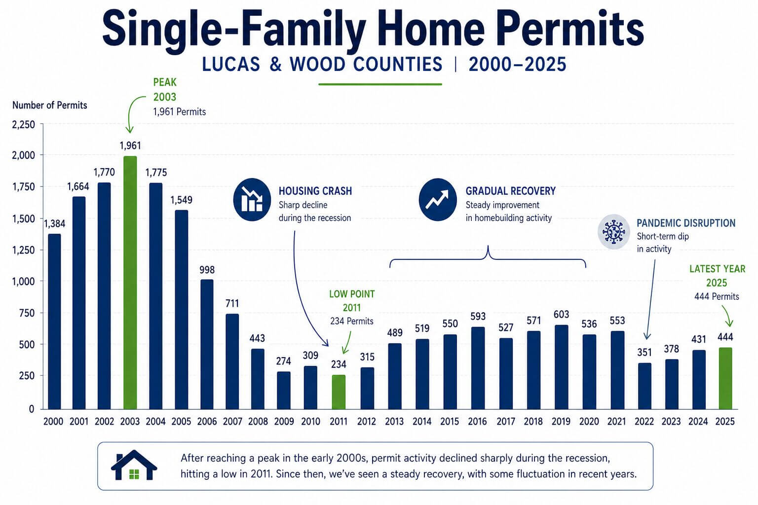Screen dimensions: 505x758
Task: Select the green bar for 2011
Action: pyautogui.click(x=338, y=392)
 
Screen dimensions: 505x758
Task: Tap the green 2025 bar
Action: pyautogui.click(x=725, y=378)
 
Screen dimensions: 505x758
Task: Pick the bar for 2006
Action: pyautogui.click(x=207, y=344)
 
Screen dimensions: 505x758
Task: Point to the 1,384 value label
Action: pyautogui.click(x=54, y=223)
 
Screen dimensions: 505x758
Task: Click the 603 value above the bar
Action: pyautogui.click(x=561, y=314)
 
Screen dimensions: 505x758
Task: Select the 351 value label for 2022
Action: pyautogui.click(x=644, y=352)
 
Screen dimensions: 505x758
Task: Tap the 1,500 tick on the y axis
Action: pyautogui.click(x=24, y=218)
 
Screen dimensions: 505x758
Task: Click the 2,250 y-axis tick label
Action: pyautogui.click(x=24, y=125)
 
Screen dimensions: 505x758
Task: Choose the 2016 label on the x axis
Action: pyautogui.click(x=477, y=422)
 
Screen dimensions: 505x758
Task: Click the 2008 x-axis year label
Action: pyautogui.click(x=258, y=422)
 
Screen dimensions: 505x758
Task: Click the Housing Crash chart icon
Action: pyautogui.click(x=252, y=199)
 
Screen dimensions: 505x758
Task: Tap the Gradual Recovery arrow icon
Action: pyautogui.click(x=437, y=199)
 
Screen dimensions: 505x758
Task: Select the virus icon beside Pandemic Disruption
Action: pyautogui.click(x=613, y=231)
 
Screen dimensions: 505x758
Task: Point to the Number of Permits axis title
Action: pyautogui.click(x=49, y=105)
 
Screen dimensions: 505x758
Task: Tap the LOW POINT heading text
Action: pyautogui.click(x=352, y=294)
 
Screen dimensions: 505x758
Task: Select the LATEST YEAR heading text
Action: pyautogui.click(x=717, y=269)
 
